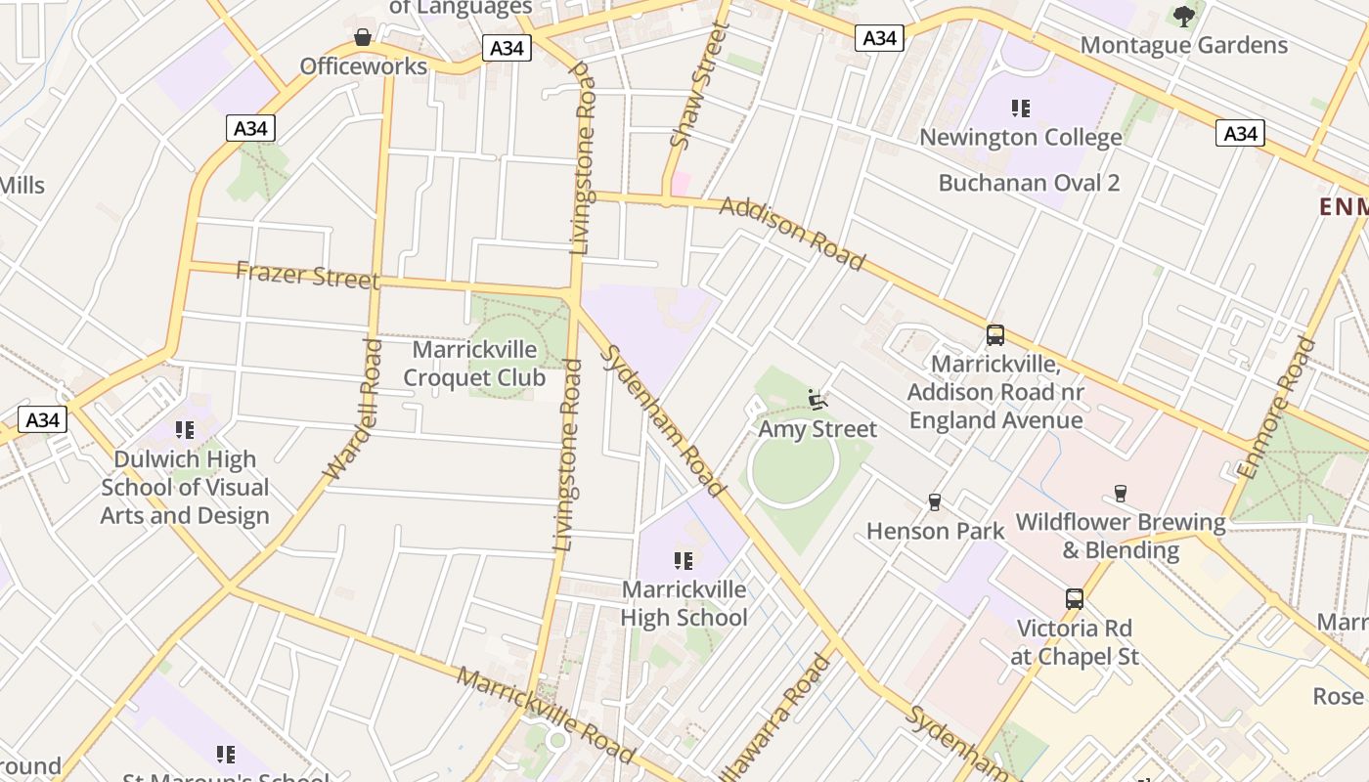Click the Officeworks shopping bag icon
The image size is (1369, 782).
363,38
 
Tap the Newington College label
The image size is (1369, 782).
1020,138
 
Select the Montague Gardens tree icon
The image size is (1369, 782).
1184,16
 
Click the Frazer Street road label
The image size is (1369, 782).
307,276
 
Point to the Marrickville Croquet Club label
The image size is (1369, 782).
474,364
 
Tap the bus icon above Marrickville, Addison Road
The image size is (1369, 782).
994,335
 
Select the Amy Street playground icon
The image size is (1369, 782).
817,400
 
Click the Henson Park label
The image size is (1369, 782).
935,531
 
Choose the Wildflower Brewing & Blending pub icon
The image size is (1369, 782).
1121,494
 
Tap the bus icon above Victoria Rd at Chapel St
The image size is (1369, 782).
1074,599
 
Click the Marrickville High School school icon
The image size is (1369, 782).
684,561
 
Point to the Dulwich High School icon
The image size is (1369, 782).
184,430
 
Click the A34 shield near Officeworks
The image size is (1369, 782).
507,48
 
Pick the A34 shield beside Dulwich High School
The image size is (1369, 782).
42,420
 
